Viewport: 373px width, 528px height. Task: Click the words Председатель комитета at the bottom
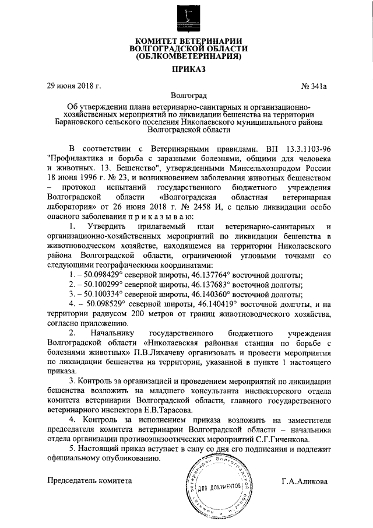(x=89, y=481)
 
